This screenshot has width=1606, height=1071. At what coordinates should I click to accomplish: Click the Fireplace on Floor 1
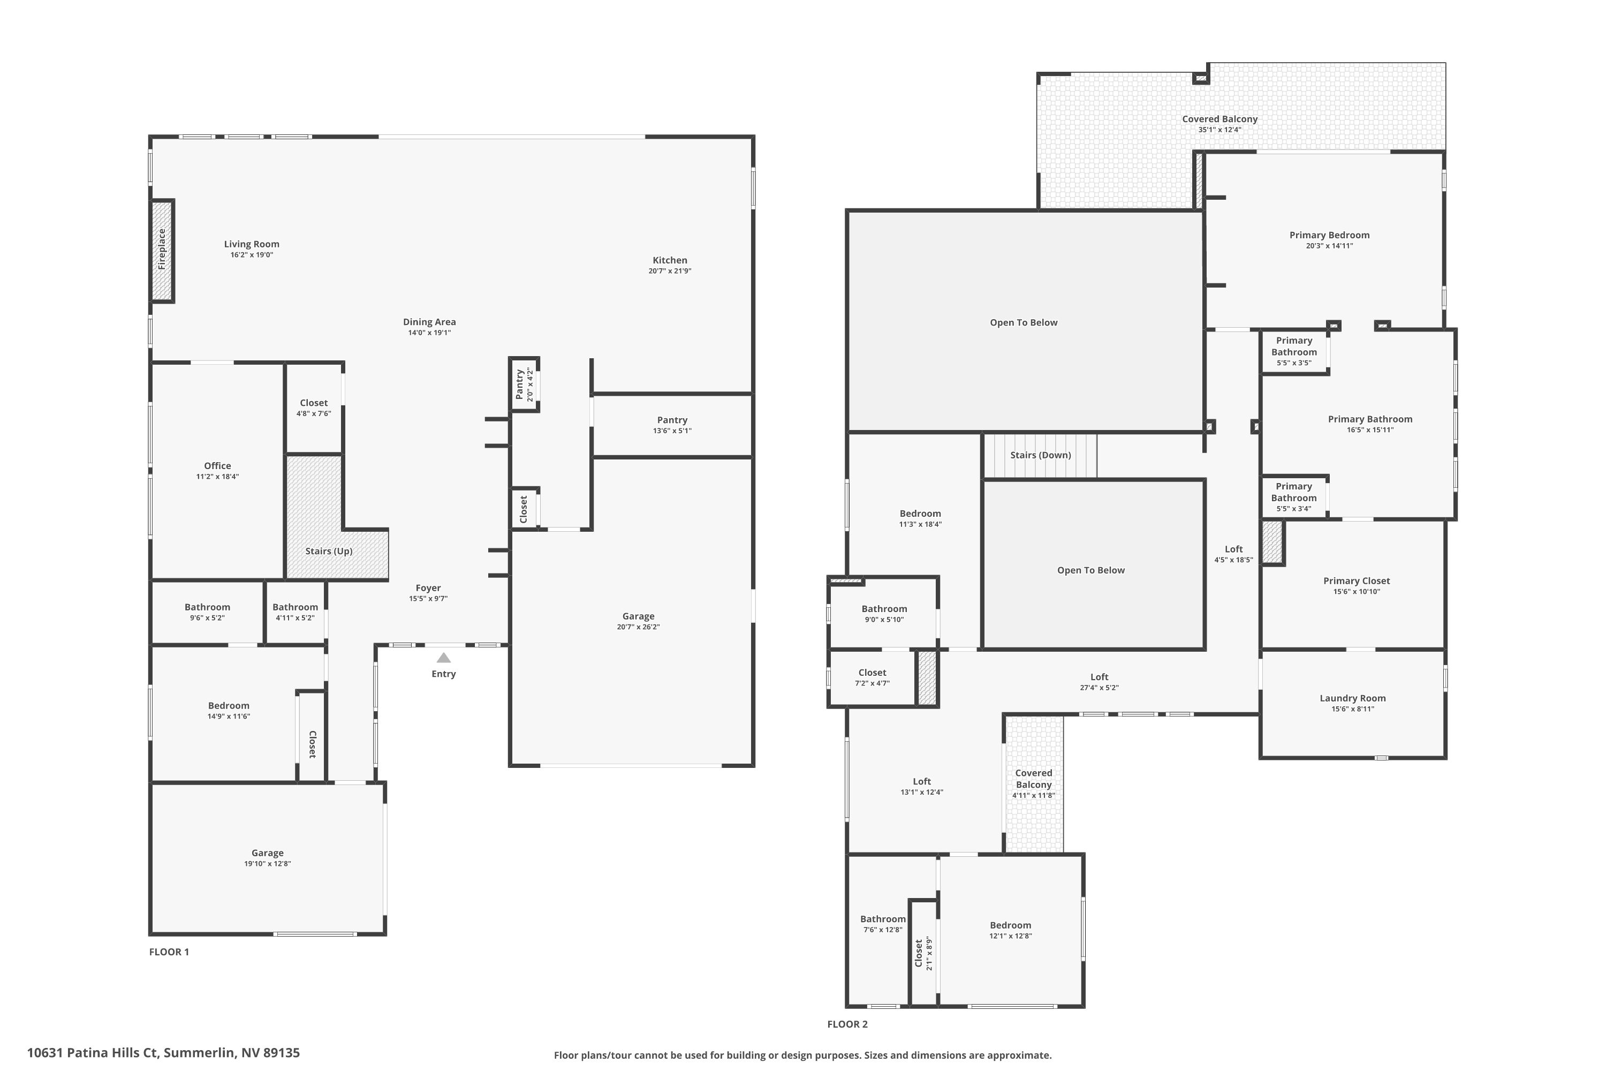coord(162,250)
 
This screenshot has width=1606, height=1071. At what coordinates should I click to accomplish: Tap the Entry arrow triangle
coord(444,658)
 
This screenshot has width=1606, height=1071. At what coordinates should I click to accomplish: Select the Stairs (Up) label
coord(329,551)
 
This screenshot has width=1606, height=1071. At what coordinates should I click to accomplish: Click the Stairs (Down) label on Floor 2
coord(1040,455)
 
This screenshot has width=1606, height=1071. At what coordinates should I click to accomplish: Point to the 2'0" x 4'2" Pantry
coord(524,384)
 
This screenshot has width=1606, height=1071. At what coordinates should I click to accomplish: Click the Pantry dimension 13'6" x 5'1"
coord(672,431)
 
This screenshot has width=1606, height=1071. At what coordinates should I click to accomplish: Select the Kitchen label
coord(669,260)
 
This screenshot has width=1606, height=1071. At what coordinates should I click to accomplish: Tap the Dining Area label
coord(429,322)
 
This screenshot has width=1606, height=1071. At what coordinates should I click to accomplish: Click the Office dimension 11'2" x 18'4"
coord(217,477)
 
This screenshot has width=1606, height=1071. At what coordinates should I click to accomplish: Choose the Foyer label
coord(428,588)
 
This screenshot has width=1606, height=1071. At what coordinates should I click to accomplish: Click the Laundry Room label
coord(1352,698)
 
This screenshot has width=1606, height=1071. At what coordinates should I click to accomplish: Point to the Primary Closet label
coord(1356,581)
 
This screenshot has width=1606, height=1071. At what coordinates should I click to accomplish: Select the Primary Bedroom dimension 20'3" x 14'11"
coord(1329,246)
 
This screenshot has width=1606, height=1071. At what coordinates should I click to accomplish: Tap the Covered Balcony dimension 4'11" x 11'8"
coord(1033,796)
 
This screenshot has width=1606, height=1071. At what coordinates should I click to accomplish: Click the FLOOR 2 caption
coord(847,1024)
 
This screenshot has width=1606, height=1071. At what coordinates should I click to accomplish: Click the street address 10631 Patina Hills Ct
coord(92,1053)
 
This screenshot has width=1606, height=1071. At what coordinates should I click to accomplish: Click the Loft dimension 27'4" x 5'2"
coord(1099,688)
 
